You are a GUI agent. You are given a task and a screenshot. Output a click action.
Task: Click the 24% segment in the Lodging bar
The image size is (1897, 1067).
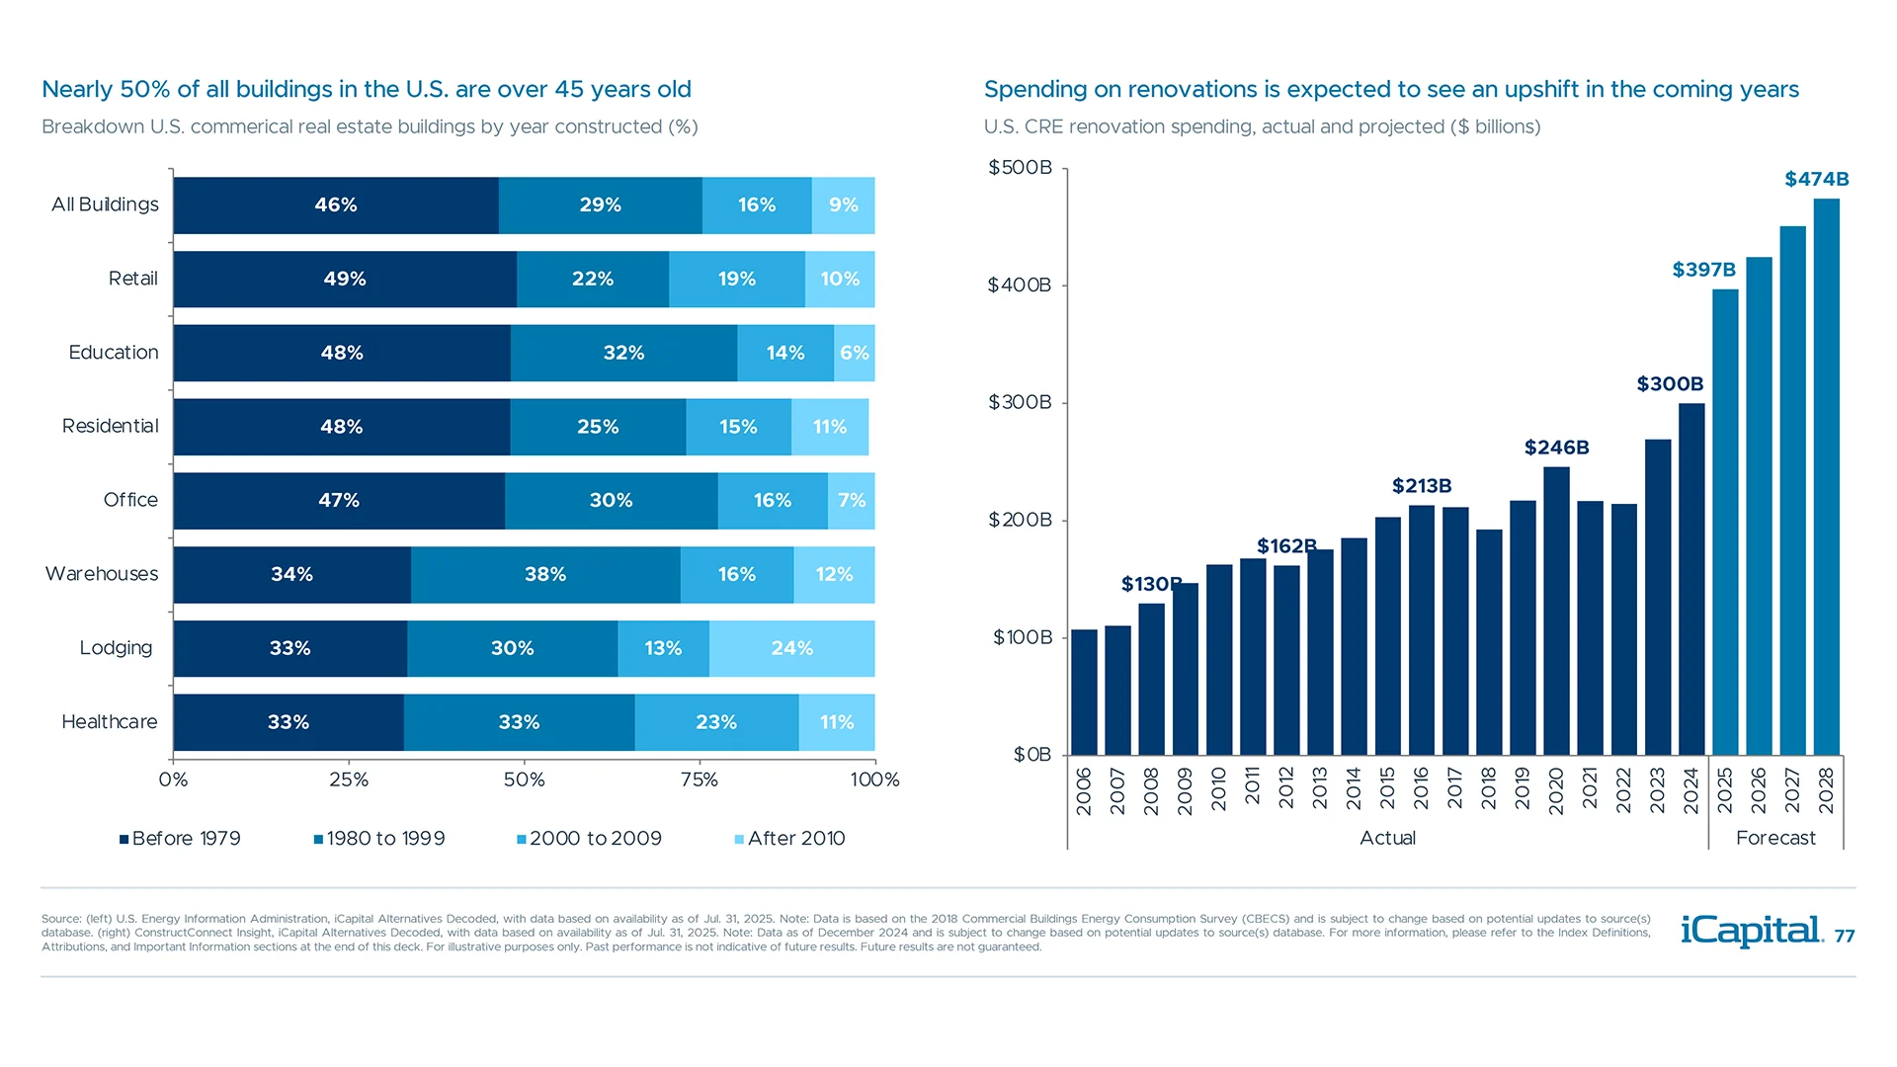click(791, 648)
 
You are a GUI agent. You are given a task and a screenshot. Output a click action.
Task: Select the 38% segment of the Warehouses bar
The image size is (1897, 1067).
click(545, 574)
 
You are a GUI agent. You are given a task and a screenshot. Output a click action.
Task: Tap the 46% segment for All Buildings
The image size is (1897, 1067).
click(336, 205)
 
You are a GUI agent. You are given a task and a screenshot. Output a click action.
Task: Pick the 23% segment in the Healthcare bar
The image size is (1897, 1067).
click(716, 722)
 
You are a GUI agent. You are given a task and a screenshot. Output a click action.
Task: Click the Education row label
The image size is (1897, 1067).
click(114, 353)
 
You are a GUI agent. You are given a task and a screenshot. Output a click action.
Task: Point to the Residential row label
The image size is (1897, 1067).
click(110, 426)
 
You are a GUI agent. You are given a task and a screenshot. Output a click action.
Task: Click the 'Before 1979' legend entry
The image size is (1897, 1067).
click(180, 839)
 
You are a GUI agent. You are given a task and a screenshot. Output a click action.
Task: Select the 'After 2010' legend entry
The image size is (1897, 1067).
click(790, 839)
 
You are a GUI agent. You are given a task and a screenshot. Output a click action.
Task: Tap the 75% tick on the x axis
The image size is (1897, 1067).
click(700, 780)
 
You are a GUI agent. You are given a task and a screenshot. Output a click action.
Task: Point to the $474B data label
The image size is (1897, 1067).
click(1816, 179)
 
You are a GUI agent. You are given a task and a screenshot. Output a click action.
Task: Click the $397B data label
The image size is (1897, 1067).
click(1703, 270)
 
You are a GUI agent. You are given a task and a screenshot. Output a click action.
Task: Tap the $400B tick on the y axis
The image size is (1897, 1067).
click(1019, 286)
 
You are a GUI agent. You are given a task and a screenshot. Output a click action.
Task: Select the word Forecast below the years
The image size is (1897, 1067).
click(1775, 838)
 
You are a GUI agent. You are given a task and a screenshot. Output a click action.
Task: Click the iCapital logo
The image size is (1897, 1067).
click(1751, 931)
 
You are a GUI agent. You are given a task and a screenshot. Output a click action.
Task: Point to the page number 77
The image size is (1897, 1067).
click(1845, 937)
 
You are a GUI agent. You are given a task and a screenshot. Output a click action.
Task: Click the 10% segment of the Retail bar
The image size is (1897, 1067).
click(840, 279)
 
